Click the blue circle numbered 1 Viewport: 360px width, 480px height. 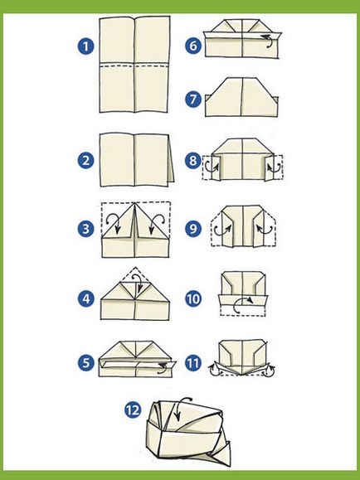click(x=85, y=46)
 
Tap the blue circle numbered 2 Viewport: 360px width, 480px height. click(x=85, y=160)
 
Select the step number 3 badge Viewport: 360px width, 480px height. click(x=85, y=229)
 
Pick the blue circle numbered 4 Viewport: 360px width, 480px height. click(x=85, y=298)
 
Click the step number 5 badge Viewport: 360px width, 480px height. click(x=85, y=363)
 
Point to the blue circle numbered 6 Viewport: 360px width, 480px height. click(x=193, y=46)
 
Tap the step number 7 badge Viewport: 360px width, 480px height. click(x=193, y=99)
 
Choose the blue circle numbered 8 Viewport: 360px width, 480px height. click(x=193, y=160)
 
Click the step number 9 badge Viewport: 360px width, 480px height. click(x=193, y=228)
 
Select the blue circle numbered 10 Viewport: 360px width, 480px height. click(x=193, y=298)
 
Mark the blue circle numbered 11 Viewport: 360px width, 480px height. click(x=193, y=363)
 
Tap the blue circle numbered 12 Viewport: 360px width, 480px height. click(x=133, y=410)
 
